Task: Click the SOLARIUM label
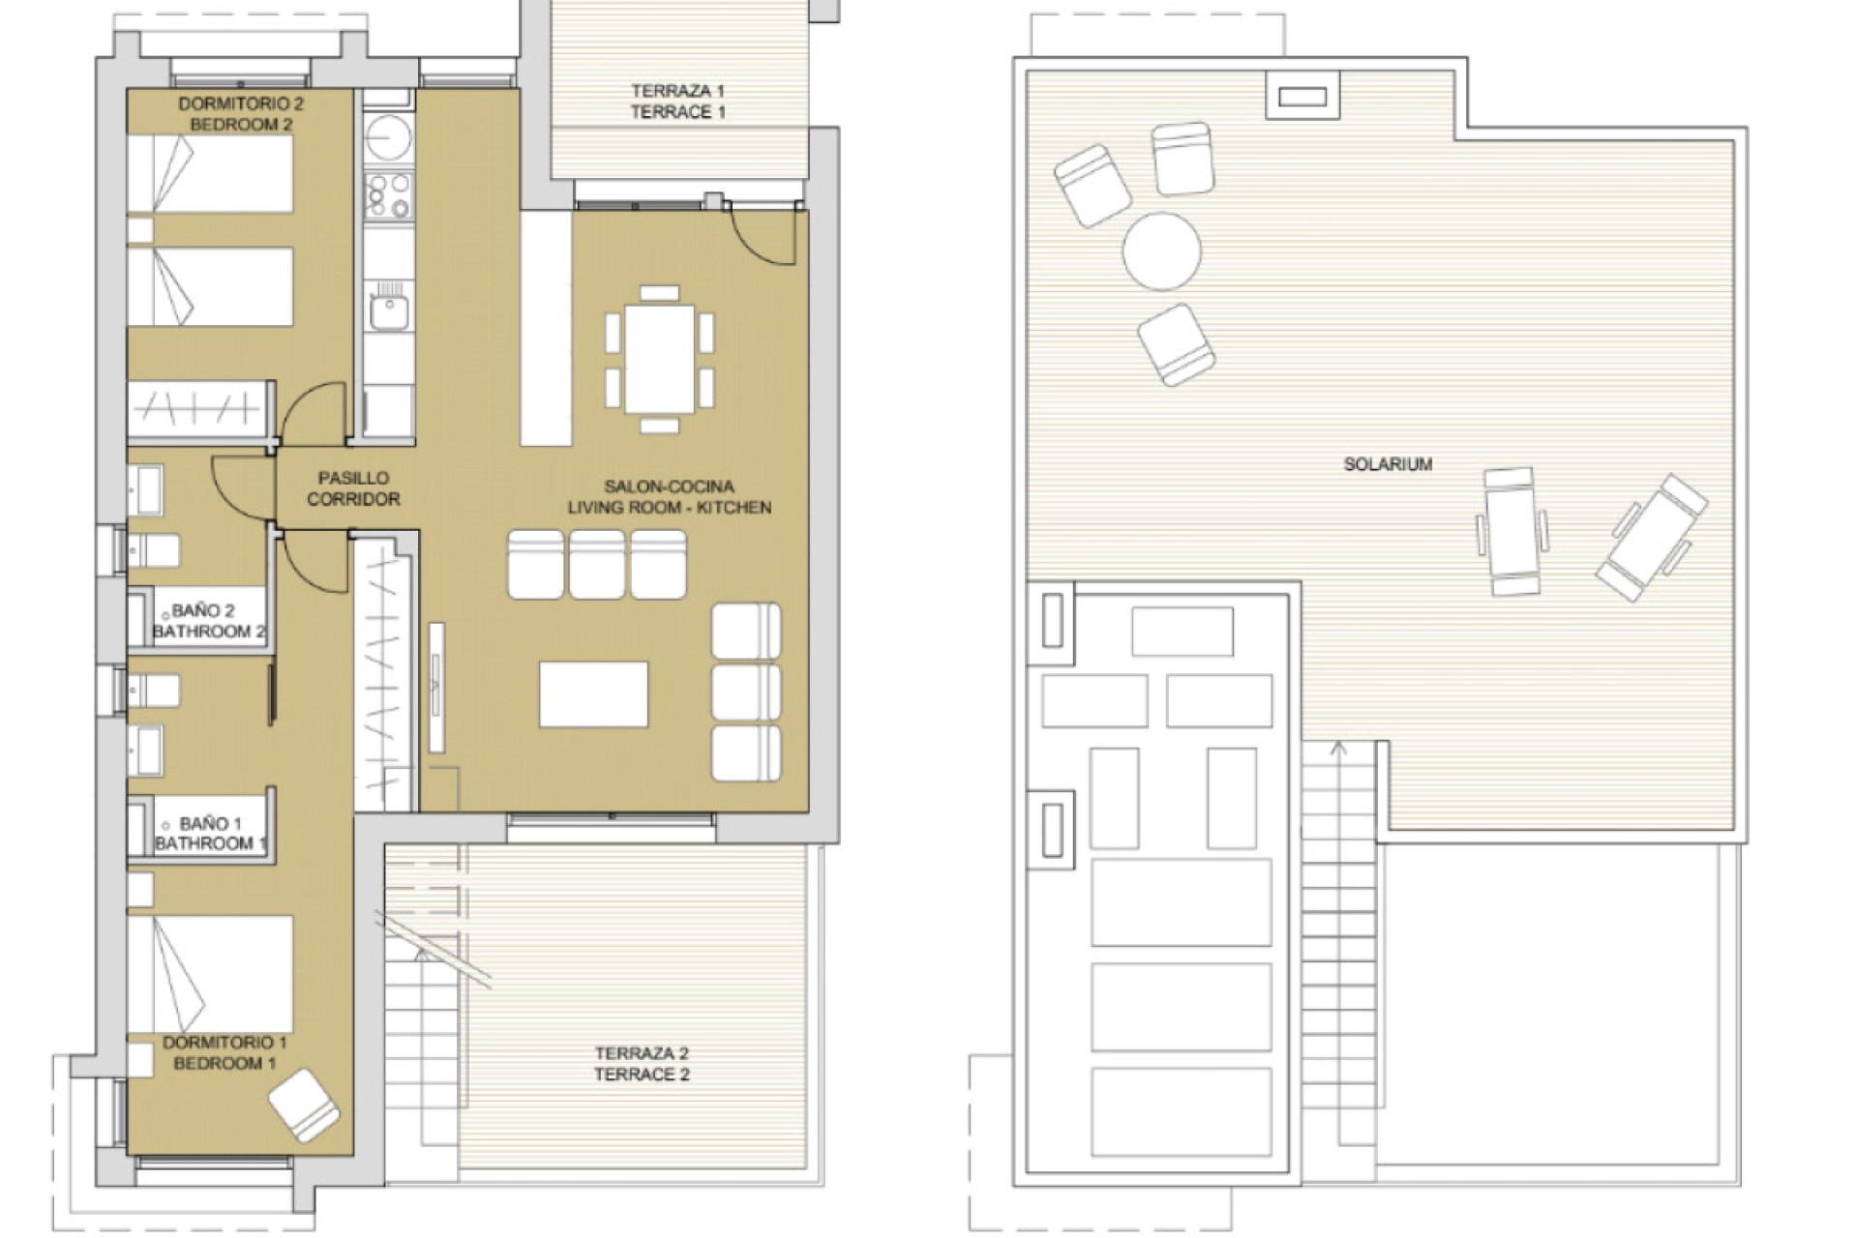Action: pyautogui.click(x=1387, y=464)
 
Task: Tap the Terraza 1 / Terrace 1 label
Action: pyautogui.click(x=677, y=102)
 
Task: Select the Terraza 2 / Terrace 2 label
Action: pyautogui.click(x=642, y=1063)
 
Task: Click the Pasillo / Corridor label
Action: pyautogui.click(x=353, y=488)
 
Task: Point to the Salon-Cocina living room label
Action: pyautogui.click(x=669, y=497)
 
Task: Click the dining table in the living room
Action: pyautogui.click(x=659, y=359)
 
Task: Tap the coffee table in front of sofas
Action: pyautogui.click(x=593, y=694)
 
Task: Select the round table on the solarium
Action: pyautogui.click(x=1161, y=251)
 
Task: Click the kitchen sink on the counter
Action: pyautogui.click(x=389, y=311)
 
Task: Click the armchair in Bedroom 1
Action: pyautogui.click(x=304, y=1104)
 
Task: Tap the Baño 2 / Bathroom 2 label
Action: pyautogui.click(x=207, y=621)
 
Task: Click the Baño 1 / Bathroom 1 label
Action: pyautogui.click(x=209, y=833)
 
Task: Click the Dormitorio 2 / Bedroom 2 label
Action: pyautogui.click(x=241, y=113)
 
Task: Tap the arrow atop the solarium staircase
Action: pyautogui.click(x=1338, y=749)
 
